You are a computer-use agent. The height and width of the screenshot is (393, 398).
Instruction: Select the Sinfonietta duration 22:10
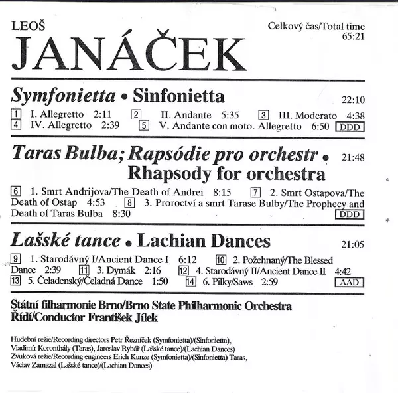(352, 100)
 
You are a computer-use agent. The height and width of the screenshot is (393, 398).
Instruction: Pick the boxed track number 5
(143, 125)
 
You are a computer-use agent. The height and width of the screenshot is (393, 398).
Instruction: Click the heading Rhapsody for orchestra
(226, 174)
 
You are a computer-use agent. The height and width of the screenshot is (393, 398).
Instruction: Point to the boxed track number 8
(130, 203)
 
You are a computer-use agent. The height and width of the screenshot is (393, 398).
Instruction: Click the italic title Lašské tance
(66, 240)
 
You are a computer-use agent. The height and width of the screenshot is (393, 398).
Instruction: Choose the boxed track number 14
(192, 281)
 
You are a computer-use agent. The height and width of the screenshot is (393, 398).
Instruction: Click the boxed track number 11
(84, 270)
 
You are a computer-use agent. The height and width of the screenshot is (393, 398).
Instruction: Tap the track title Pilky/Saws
(232, 281)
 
